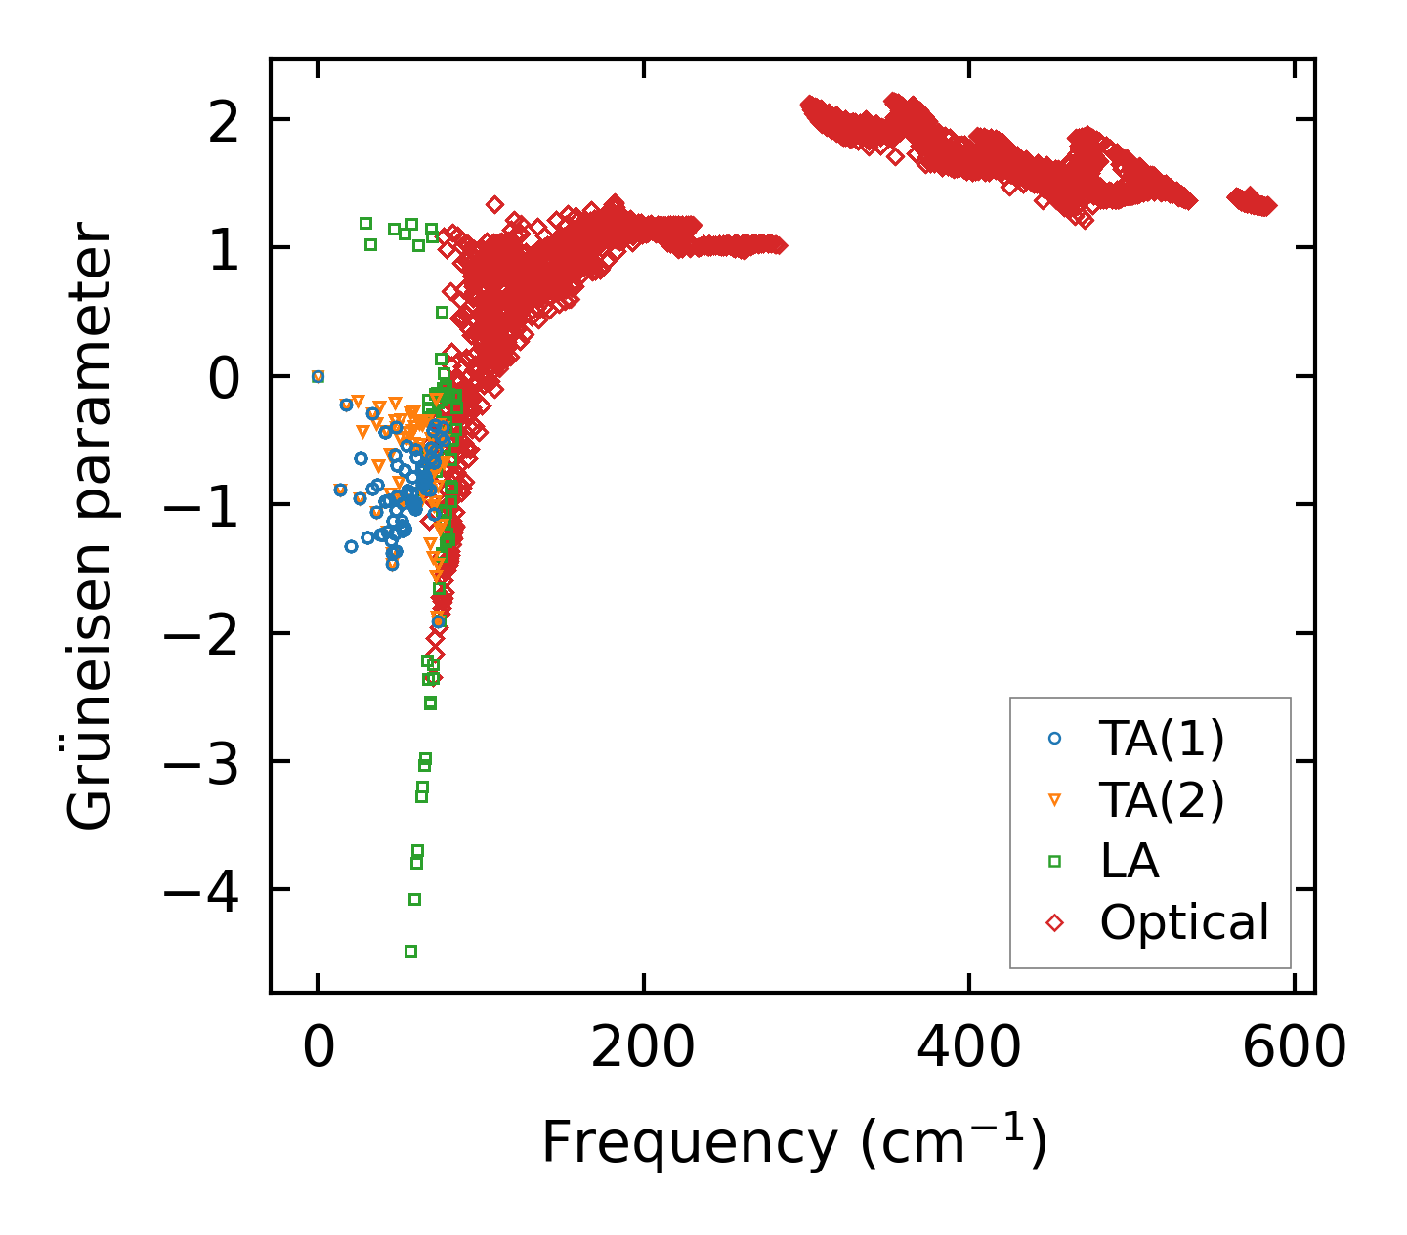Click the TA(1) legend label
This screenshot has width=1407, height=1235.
pos(1161,740)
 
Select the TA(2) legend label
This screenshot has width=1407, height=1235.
pos(1161,801)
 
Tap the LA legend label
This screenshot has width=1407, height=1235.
pos(1130,862)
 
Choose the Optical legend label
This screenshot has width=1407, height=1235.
pos(1184,922)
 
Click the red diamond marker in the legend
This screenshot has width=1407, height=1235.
pos(1054,922)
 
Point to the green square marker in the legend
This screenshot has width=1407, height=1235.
pos(1054,862)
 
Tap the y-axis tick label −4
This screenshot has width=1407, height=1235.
pos(199,890)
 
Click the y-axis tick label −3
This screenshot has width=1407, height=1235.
pos(199,762)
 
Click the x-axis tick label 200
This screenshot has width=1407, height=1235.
pos(643,1048)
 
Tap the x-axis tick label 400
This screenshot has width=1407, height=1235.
pos(968,1048)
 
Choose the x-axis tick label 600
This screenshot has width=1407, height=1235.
pos(1294,1048)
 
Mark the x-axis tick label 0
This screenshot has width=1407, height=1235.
pos(319,1048)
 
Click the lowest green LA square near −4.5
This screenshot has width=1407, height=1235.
pos(411,951)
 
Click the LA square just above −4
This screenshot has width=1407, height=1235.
pos(414,899)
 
